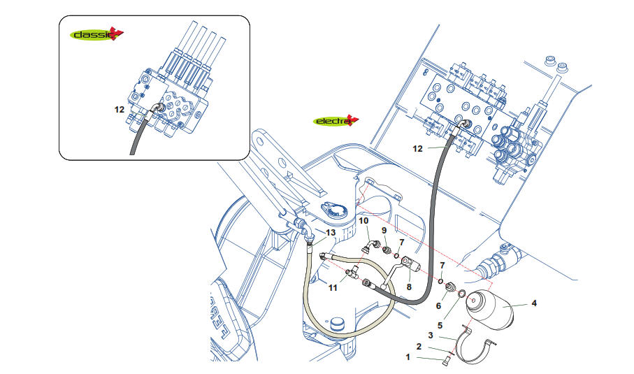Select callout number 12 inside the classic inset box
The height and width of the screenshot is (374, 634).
click(120, 109)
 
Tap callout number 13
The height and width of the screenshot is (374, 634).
click(330, 232)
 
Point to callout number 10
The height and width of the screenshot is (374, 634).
click(363, 221)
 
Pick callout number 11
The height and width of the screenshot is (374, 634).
click(333, 287)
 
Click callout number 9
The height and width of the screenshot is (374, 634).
click(384, 230)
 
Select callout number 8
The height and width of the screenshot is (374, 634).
click(410, 286)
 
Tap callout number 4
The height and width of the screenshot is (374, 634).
click(534, 303)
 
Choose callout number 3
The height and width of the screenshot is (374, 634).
click(431, 336)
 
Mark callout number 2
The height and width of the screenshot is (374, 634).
click(419, 346)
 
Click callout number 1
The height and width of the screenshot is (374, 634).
click(408, 357)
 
